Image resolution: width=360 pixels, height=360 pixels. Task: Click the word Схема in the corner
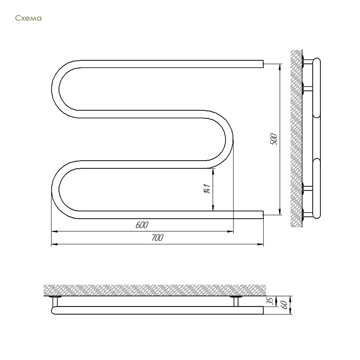coord(28,18)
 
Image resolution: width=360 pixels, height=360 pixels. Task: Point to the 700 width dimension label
coord(157,238)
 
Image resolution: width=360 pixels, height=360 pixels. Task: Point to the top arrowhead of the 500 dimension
coord(280,67)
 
